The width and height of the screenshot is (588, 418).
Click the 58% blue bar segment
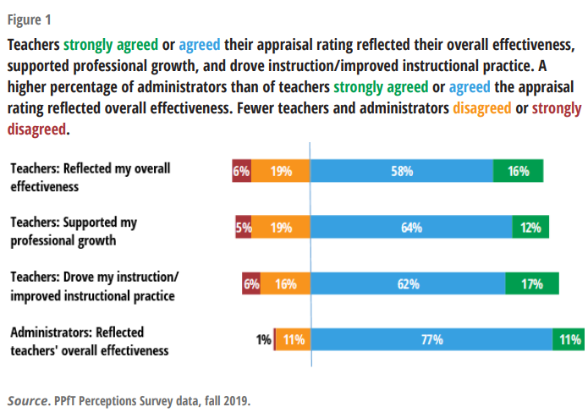coord(402,171)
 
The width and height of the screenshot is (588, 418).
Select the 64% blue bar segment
coord(411,227)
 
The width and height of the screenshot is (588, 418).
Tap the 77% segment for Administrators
coord(431,340)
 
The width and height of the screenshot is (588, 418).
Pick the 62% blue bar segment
coord(408,284)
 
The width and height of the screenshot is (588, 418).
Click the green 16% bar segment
coord(518,171)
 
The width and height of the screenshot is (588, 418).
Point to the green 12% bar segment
coord(530,227)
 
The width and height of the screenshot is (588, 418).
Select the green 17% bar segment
coord(532,284)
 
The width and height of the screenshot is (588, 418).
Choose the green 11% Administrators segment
coord(569,340)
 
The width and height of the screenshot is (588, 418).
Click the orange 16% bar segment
coord(285,284)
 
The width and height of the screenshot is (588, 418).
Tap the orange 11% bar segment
coord(294,340)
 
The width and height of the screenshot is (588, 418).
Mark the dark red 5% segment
coord(244,227)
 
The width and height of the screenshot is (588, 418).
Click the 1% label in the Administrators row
coord(263,340)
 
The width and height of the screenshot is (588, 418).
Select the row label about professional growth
coord(73,231)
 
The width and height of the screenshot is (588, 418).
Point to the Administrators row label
coord(89,341)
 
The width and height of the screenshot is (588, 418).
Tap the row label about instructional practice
coord(94,286)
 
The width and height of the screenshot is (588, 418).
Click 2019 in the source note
coord(233,399)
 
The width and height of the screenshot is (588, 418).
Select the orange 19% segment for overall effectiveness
coord(281,171)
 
